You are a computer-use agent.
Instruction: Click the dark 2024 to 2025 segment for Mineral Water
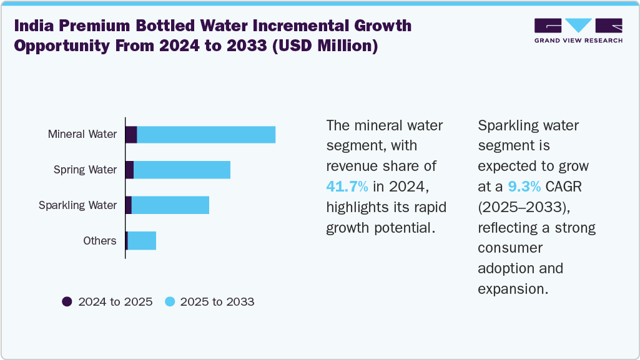[131, 134]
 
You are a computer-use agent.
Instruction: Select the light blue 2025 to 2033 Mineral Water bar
[206, 134]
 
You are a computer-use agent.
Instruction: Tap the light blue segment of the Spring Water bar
[182, 170]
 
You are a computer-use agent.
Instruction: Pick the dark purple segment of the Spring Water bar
[129, 170]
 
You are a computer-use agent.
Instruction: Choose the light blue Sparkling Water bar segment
[170, 205]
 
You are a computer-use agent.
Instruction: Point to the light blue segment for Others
[142, 241]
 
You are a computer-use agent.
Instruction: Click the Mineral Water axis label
[82, 134]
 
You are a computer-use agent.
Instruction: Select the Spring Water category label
[85, 170]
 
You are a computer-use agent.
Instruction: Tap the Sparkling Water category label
[78, 205]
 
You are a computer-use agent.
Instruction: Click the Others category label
[100, 241]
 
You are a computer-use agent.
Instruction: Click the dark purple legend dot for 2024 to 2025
[67, 302]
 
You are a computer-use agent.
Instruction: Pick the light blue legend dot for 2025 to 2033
[169, 302]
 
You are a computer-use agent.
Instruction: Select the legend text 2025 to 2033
[217, 302]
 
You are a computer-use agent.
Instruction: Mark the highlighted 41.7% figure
[347, 186]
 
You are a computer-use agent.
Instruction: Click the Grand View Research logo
[578, 31]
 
